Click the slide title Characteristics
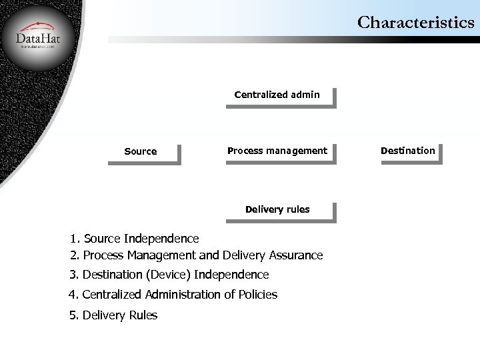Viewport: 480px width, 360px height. pos(416,23)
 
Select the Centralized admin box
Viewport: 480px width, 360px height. pos(277,95)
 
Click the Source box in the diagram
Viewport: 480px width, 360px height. pos(141,151)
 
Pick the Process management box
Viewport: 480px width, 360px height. pos(277,151)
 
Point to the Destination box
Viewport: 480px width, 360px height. pos(407,151)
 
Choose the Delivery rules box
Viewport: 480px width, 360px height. pos(277,209)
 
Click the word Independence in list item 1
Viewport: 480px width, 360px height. pos(161,238)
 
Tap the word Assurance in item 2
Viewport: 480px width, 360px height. pos(296,255)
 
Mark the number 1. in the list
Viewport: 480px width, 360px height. pos(75,238)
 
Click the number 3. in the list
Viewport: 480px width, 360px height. pos(74,275)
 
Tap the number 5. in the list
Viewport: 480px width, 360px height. pos(74,315)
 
